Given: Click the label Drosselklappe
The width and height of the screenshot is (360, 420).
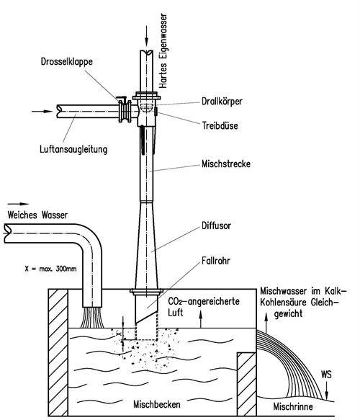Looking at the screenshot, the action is [x=67, y=62].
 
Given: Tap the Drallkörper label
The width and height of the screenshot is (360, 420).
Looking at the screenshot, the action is [x=222, y=102].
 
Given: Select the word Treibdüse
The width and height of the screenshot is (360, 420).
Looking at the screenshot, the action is [x=220, y=125].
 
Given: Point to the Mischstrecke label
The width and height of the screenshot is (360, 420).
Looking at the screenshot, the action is [x=226, y=164].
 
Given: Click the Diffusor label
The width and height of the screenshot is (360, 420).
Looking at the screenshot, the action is [x=216, y=225].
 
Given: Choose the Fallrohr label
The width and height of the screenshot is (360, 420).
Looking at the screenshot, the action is [x=216, y=261].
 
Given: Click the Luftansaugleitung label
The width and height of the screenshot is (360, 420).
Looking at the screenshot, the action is [x=73, y=149].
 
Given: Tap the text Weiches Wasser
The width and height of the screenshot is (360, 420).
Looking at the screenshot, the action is [x=37, y=215].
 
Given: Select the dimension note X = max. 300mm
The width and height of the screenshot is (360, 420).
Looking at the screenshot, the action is [x=50, y=269].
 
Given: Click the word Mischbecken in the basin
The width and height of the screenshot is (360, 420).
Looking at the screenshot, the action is [x=156, y=404].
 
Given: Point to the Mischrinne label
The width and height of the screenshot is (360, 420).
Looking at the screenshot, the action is [x=293, y=406].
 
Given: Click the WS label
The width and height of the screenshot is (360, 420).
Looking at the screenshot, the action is [x=326, y=374].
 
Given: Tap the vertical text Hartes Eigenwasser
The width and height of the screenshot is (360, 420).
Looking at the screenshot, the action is [x=163, y=50].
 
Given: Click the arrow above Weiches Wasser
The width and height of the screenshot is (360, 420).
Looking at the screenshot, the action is [x=18, y=204].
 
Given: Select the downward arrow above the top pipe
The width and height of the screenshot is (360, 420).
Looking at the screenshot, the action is [x=146, y=37].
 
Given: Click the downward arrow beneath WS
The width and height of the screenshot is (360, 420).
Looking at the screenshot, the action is [x=326, y=390].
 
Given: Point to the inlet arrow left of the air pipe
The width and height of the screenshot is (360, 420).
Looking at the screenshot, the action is [x=42, y=111].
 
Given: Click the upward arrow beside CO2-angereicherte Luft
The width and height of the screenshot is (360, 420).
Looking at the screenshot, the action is [x=201, y=318].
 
